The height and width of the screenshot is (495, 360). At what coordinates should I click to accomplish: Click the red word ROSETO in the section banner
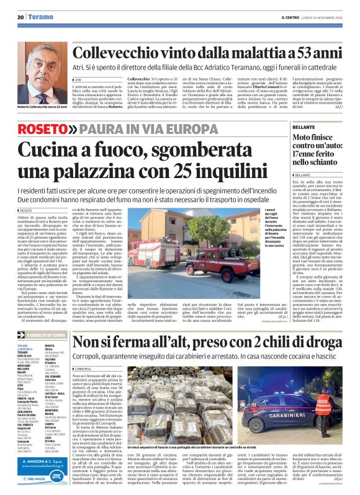pyautogui.click(x=53, y=128)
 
